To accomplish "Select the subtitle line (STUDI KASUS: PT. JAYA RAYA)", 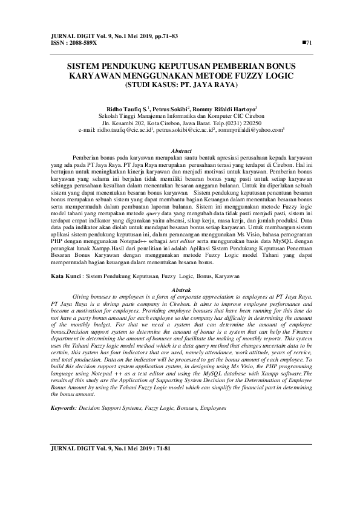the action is pyautogui.click(x=180, y=85).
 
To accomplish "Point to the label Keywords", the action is pyautogui.click(x=62, y=409).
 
